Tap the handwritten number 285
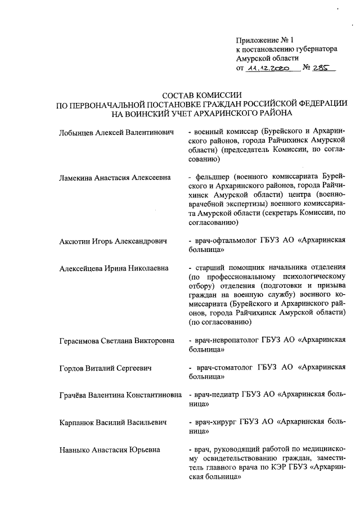[x=323, y=67]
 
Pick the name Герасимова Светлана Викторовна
[x=116, y=341]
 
